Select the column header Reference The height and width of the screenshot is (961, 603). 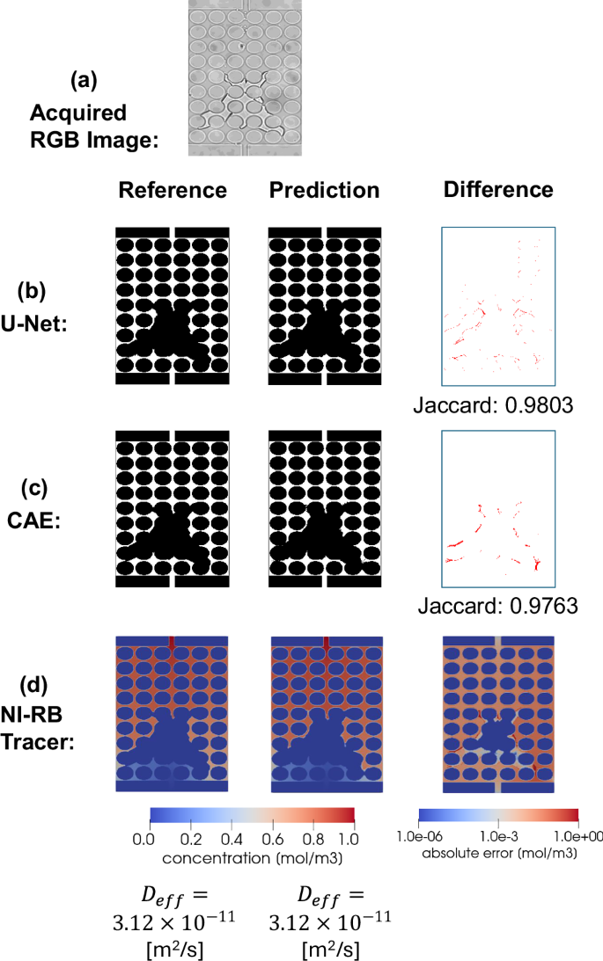(x=173, y=191)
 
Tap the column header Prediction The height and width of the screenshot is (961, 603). (x=324, y=191)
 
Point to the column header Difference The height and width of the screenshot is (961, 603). (x=498, y=190)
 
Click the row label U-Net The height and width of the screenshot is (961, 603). (x=51, y=324)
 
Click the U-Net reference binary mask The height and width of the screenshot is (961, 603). (x=173, y=305)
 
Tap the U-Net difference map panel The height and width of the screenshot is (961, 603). (x=498, y=305)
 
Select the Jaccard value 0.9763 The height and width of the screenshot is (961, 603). (x=498, y=606)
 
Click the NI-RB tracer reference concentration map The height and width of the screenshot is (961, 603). (x=173, y=713)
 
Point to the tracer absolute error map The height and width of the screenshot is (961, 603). (x=498, y=713)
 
